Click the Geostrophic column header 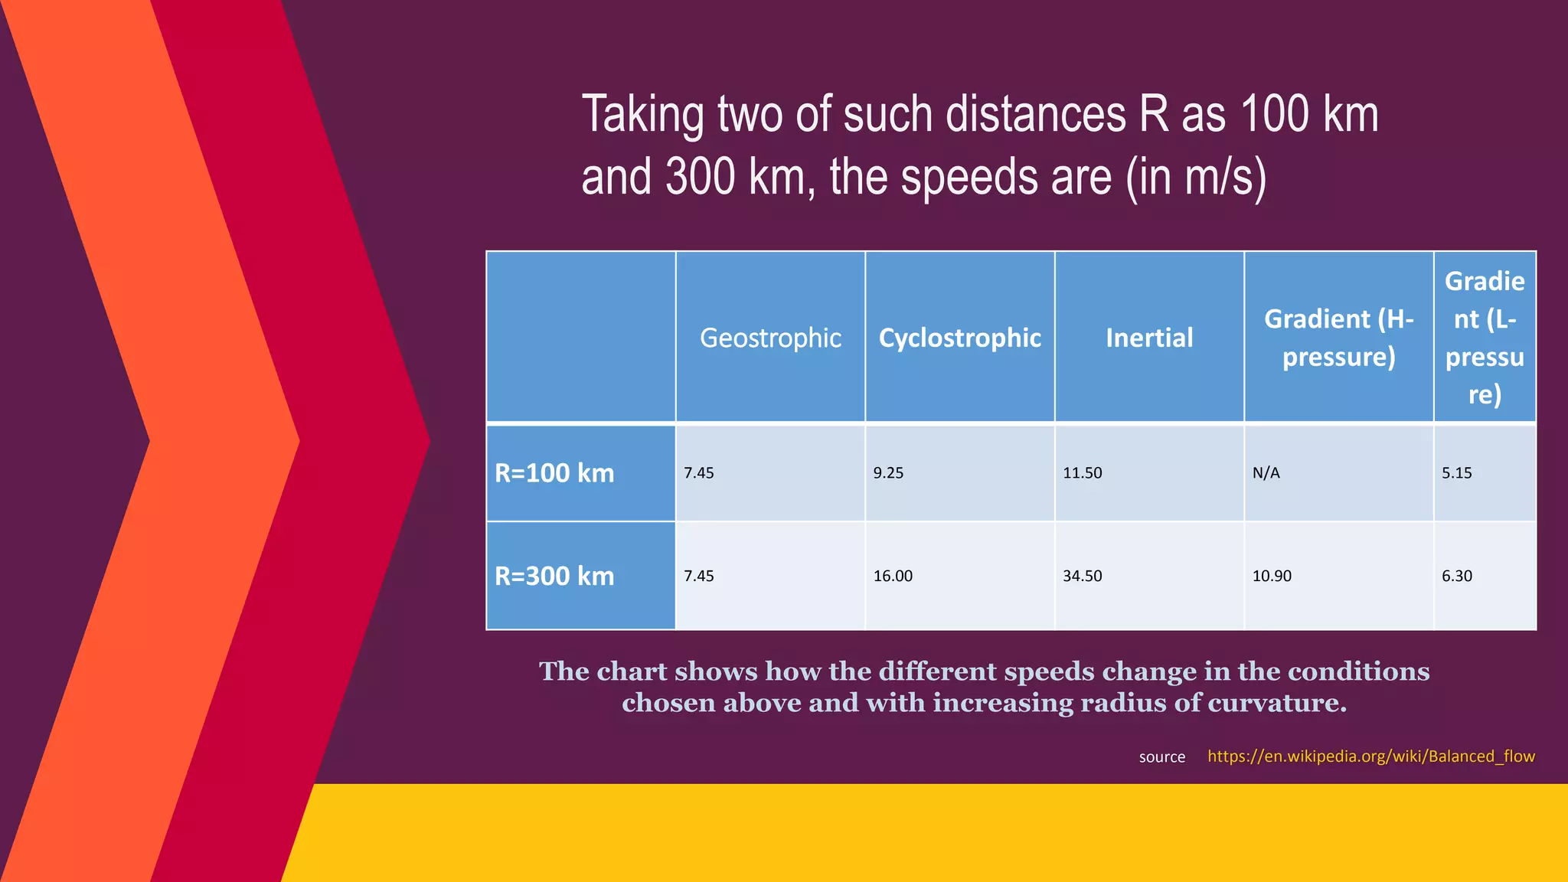[x=770, y=338]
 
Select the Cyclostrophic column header [x=959, y=338]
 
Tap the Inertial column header [x=1148, y=338]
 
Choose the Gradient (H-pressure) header [x=1338, y=338]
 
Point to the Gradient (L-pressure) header [x=1484, y=338]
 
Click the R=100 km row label [x=554, y=473]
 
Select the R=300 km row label [x=554, y=576]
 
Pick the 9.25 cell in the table [x=888, y=473]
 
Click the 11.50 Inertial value [x=1082, y=473]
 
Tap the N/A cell [x=1266, y=473]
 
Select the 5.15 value [x=1456, y=473]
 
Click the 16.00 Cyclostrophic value [x=893, y=576]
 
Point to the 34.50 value [x=1082, y=576]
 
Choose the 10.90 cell [x=1271, y=576]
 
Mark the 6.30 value [x=1456, y=576]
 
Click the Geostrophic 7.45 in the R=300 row [x=698, y=576]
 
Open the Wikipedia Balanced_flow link [x=1370, y=756]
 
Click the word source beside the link [x=1161, y=757]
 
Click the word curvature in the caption [x=1272, y=703]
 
